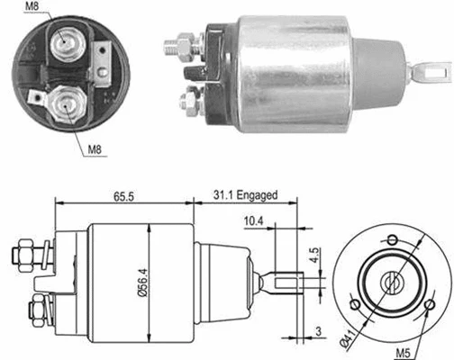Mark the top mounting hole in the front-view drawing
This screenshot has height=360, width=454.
(393, 240)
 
